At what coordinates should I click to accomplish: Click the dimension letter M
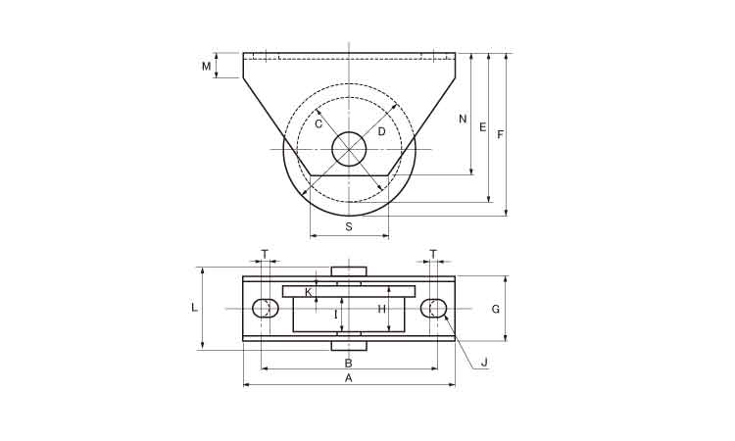206,67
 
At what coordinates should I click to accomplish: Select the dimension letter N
463,119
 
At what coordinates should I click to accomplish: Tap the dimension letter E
483,126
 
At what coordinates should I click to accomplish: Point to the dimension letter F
500,135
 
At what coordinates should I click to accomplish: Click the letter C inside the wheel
318,124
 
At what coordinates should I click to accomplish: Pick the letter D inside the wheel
381,131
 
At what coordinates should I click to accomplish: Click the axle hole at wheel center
349,149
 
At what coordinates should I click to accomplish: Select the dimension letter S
349,226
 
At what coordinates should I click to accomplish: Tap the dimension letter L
195,308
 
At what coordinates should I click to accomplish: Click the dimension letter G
496,310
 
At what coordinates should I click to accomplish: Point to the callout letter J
485,363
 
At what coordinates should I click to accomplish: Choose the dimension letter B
348,364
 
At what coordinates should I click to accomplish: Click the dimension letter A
348,378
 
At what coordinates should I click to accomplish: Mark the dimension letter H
381,310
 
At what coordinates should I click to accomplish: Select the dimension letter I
335,315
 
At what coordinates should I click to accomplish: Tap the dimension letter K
309,292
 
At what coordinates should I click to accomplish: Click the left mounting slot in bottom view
266,308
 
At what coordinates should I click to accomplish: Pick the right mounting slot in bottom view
433,308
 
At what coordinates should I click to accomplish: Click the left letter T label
265,254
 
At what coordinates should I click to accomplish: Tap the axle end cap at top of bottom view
349,271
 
